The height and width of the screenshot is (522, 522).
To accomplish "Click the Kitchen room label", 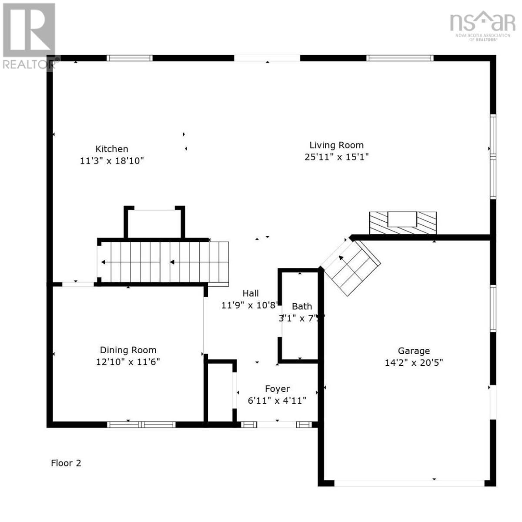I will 112,149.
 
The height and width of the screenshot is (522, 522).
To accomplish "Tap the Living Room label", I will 336,145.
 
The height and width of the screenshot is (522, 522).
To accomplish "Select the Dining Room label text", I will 128,350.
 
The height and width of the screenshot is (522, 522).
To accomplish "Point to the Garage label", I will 414,351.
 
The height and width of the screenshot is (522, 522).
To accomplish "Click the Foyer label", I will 277,389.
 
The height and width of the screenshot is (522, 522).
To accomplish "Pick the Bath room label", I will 301,307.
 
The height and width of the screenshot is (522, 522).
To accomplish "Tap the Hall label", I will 251,294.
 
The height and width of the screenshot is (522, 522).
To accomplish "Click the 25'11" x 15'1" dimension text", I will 336,157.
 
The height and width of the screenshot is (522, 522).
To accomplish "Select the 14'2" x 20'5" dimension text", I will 414,362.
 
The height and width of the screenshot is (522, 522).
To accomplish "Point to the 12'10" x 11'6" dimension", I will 128,362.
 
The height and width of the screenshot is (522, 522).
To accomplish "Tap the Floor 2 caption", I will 66,463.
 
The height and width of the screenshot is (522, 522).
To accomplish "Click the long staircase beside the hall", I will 163,262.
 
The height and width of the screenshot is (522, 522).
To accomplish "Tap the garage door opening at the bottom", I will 409,482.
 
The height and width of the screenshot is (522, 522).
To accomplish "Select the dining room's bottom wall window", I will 141,425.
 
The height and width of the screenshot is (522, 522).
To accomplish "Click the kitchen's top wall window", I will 130,58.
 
